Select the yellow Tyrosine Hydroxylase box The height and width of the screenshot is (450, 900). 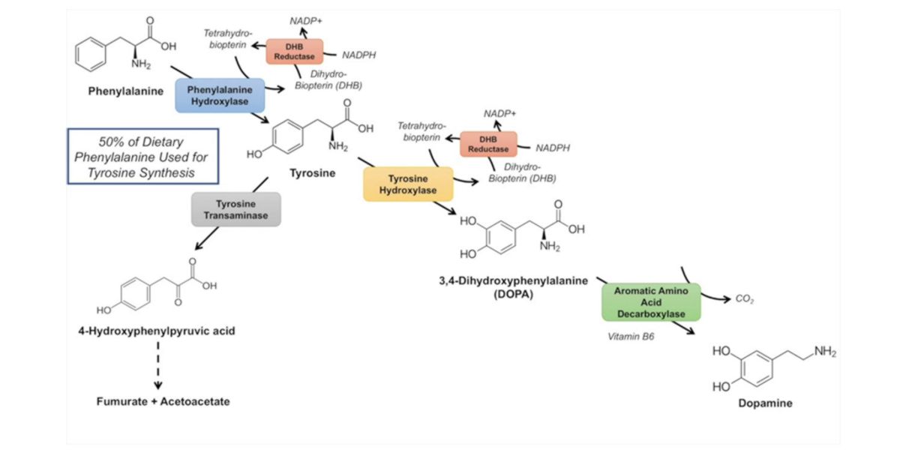point(408,184)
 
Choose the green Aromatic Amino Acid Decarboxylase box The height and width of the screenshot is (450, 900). point(650,301)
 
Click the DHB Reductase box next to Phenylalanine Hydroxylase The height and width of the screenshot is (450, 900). point(295,52)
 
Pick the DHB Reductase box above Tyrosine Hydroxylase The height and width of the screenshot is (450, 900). point(488,143)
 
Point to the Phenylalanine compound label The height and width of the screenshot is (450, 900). point(122,93)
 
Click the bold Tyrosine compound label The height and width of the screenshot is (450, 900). point(313,174)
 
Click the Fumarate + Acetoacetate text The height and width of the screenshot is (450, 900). point(163,401)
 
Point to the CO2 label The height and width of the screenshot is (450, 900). point(745,300)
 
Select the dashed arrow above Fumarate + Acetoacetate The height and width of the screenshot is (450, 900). point(157,366)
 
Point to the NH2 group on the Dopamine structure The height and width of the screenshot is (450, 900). point(823,352)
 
